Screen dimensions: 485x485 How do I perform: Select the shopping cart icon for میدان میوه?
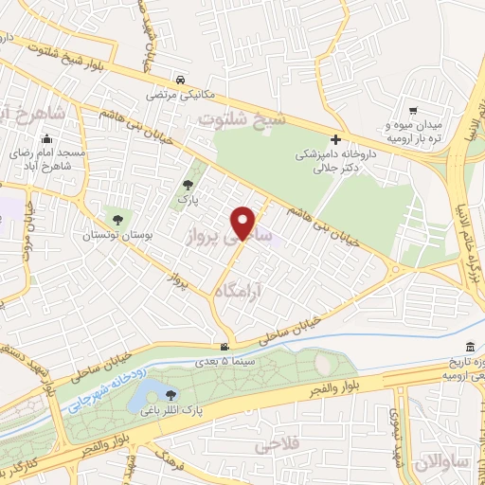coord(413,111)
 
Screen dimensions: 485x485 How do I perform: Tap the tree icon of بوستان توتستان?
coord(117,220)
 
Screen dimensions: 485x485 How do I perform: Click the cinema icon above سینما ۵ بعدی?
coord(224,347)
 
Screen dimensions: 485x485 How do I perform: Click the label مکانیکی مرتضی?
coord(182,96)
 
